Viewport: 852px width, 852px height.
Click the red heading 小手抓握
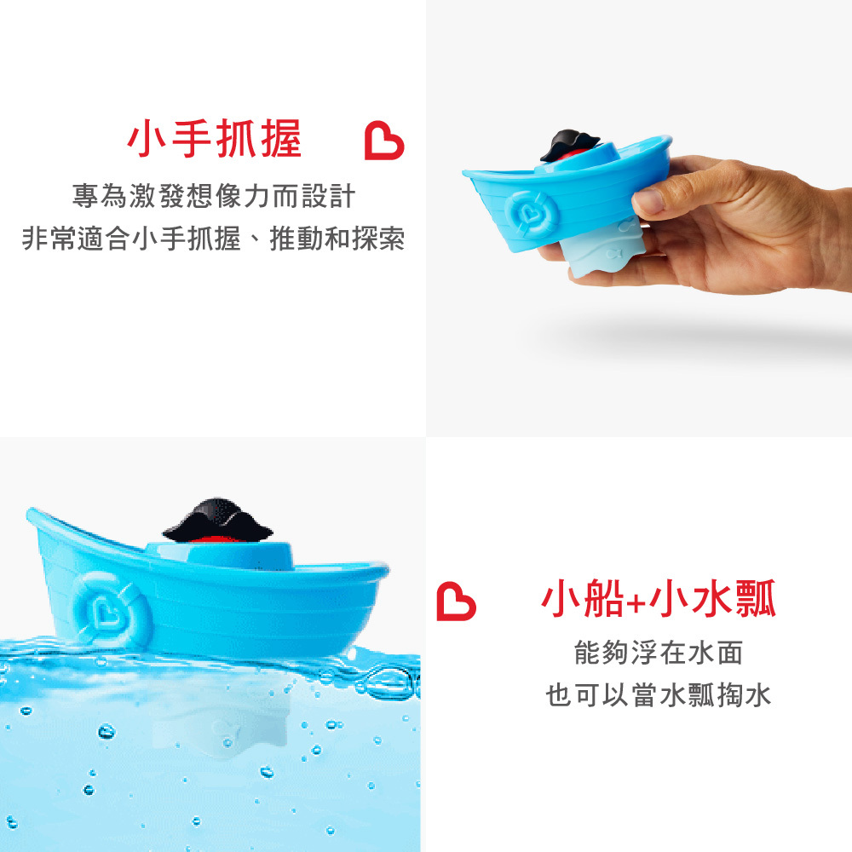[x=214, y=139]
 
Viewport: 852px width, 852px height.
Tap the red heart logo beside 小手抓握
[x=383, y=141]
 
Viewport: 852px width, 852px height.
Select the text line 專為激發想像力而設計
[x=214, y=196]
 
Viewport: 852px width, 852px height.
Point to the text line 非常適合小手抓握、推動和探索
[x=214, y=239]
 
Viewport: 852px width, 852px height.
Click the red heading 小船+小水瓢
[x=659, y=599]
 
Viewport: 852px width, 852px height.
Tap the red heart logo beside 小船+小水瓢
[x=456, y=601]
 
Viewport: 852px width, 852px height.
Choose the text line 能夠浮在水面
[x=659, y=653]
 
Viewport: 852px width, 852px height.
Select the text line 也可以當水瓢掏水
[x=659, y=695]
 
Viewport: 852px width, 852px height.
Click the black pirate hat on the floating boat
[x=217, y=520]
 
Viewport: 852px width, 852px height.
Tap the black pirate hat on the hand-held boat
[x=569, y=145]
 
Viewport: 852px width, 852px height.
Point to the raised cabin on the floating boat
[x=220, y=553]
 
